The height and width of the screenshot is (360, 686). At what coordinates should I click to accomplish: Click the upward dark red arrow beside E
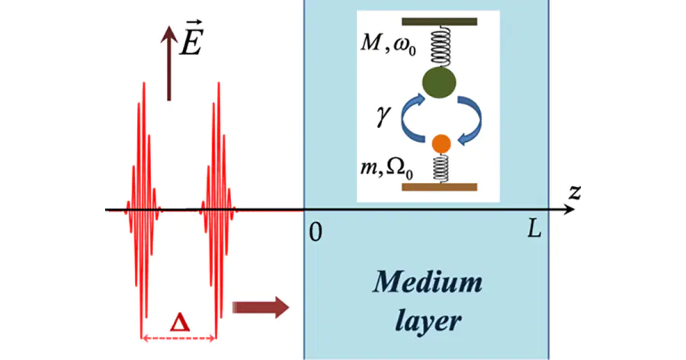pos(168,69)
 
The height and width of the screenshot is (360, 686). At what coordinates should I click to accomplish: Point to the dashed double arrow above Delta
pos(179,337)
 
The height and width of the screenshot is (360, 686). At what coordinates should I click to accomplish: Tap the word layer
pos(428,321)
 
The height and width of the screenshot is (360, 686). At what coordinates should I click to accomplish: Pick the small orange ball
pos(440,143)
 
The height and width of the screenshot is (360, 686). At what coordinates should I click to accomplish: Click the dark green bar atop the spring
pos(439,21)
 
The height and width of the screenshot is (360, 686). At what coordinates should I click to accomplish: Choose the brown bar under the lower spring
pos(440,186)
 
